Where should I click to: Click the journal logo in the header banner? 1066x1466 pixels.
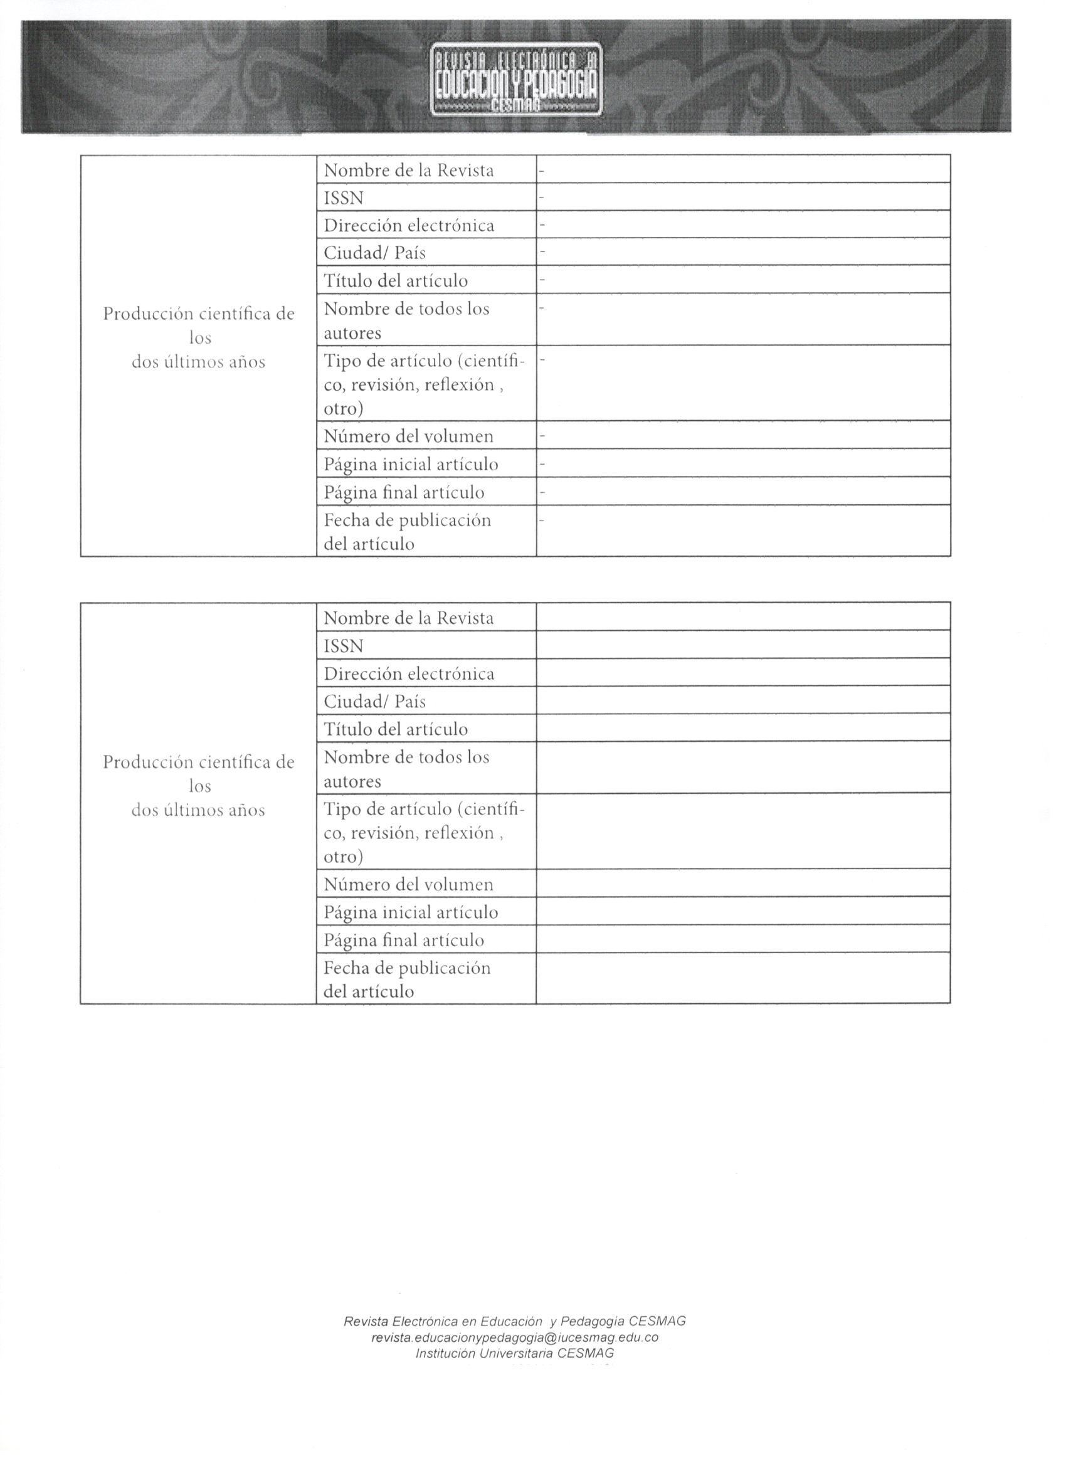[x=516, y=79]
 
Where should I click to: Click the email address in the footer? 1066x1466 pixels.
[x=515, y=1337]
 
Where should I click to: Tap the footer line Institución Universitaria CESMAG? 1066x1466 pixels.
[x=515, y=1353]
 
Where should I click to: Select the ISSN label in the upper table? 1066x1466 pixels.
[x=343, y=198]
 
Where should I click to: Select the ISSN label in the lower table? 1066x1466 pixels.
[x=343, y=646]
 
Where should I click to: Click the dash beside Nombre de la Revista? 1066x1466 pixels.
[x=542, y=171]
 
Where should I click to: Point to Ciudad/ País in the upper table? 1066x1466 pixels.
[x=374, y=252]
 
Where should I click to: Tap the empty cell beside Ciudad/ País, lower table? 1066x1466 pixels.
[x=743, y=700]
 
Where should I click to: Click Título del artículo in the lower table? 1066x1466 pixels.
[x=395, y=729]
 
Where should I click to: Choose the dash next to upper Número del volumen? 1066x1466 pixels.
[x=542, y=437]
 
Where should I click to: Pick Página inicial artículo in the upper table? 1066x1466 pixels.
[x=411, y=465]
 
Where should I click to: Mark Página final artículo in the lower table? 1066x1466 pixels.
[x=403, y=940]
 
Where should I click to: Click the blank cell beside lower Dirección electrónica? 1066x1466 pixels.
[x=743, y=673]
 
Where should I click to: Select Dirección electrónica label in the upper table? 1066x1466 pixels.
[x=409, y=226]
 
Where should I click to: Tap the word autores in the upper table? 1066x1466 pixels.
[x=352, y=334]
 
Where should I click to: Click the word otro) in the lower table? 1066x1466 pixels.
[x=343, y=857]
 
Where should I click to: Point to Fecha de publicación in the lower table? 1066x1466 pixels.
[x=406, y=968]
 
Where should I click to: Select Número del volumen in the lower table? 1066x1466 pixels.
[x=408, y=884]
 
